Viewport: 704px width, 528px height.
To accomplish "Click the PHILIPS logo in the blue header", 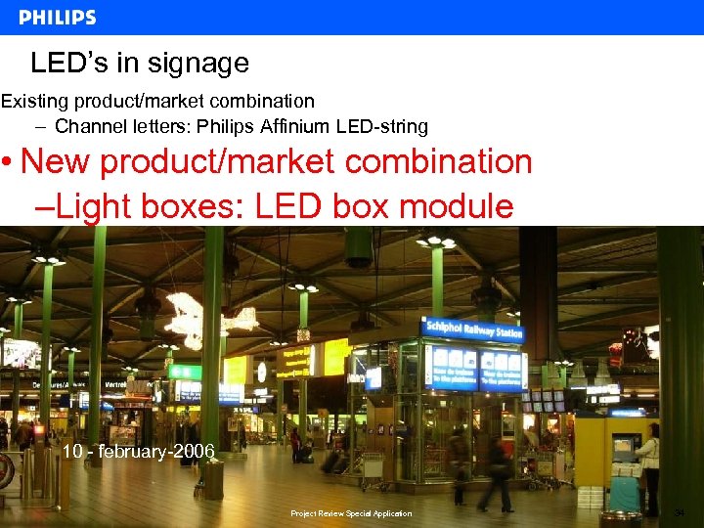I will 58,18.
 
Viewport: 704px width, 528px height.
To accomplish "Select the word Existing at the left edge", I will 31,101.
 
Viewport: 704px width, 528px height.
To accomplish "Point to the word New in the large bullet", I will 54,161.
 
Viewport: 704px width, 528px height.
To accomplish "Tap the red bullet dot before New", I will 7,162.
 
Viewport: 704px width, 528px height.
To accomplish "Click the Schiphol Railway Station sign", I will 472,330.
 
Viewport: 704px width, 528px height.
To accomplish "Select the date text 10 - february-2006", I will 138,451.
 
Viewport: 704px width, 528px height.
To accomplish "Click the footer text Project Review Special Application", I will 351,513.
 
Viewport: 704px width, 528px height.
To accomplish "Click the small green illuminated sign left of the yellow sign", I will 185,372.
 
